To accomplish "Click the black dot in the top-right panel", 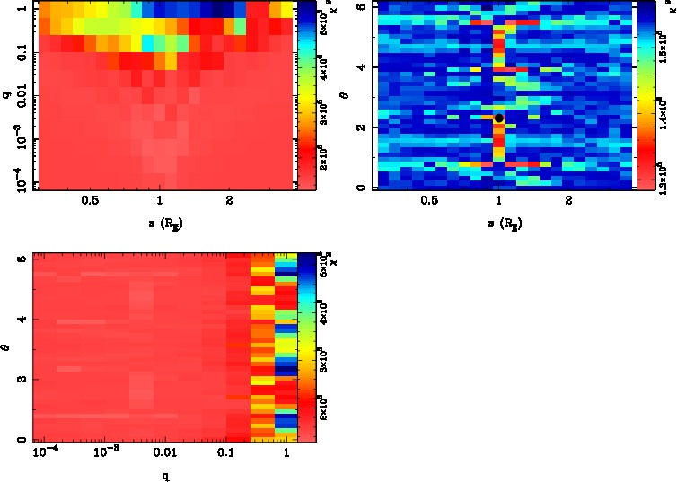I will [x=499, y=118].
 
